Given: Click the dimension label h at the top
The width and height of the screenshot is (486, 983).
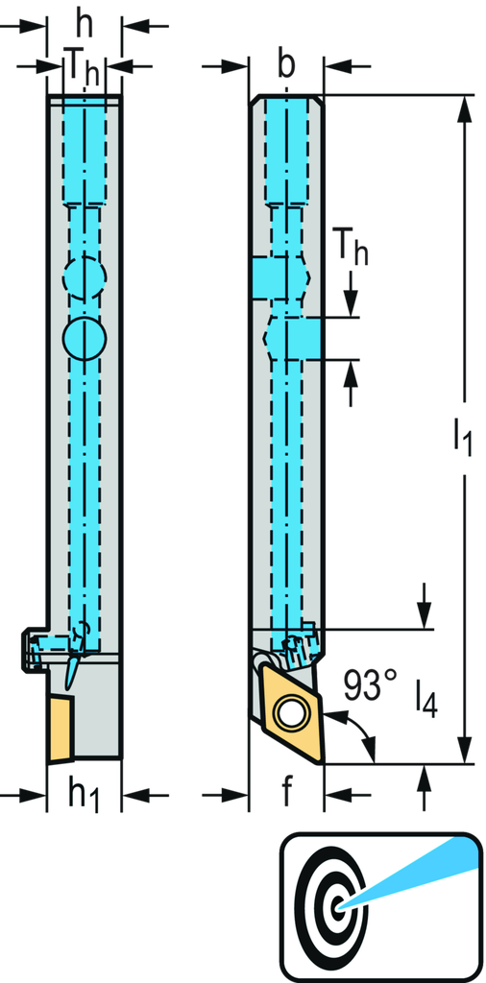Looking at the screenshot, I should coord(85,18).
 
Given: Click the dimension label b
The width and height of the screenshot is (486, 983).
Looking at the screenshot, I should coord(286,66).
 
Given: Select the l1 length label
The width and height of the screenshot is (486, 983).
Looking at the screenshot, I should coord(457,439).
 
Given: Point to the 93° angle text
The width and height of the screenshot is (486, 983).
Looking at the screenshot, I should coord(370,685).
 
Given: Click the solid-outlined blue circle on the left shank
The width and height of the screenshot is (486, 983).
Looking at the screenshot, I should coord(85,338).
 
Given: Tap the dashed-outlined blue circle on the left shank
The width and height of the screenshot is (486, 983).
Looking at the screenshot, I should coord(85,278).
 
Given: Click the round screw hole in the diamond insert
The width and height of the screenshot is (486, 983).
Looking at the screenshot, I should coord(286,712).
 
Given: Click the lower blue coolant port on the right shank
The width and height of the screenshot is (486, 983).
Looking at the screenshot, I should coord(300,339).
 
